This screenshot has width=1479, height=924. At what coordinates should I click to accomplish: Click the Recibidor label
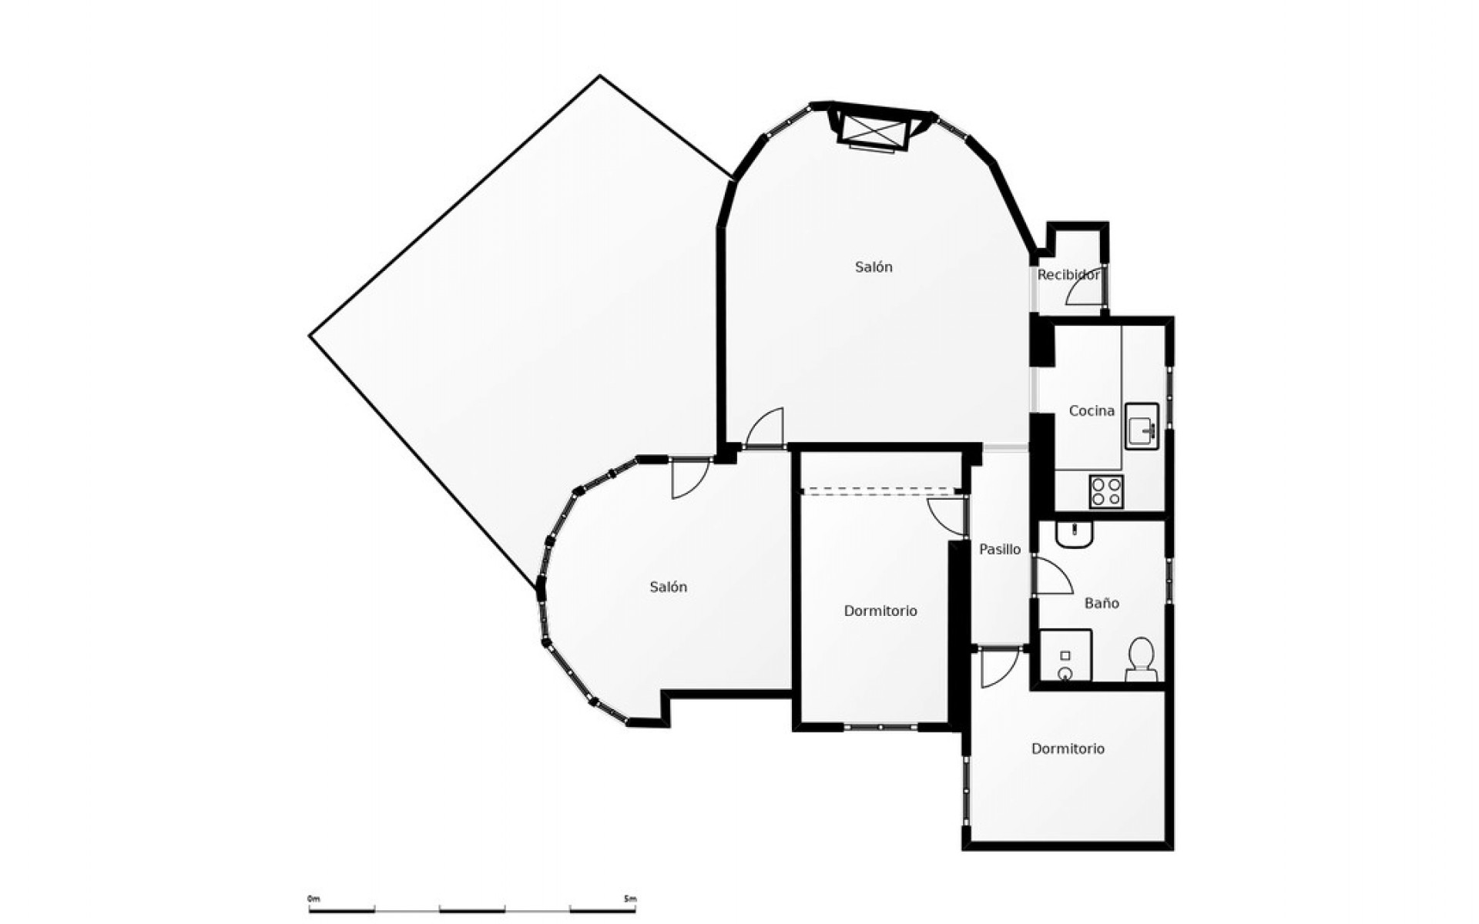coord(1068,275)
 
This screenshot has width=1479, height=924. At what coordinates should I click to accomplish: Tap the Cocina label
coord(1092,411)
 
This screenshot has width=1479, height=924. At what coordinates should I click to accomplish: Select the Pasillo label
coord(1000,550)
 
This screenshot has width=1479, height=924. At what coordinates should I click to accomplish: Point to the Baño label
coord(1102,604)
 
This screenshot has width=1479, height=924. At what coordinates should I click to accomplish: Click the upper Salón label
coord(874,267)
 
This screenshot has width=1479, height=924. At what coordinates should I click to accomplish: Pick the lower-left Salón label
coord(668,588)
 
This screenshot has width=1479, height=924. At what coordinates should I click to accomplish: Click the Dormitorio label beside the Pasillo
coord(880,611)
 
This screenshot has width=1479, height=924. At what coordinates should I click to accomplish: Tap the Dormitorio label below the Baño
coord(1068,748)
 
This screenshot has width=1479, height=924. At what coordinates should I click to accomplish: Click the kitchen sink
coord(1142,426)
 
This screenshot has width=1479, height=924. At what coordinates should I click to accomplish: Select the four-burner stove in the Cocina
coord(1106,491)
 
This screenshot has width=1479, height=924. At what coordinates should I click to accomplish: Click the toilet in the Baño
coord(1141,660)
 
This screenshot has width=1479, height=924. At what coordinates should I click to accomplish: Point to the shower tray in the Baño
coord(1065,655)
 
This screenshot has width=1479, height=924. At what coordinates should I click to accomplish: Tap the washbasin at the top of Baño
coord(1074,534)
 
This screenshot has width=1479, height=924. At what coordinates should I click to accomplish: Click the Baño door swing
coord(1052,577)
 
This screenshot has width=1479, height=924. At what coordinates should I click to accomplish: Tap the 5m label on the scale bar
coord(630,899)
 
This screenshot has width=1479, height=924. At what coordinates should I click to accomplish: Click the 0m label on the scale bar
coord(313,899)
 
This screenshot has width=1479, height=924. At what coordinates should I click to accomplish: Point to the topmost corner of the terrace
coord(600,76)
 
